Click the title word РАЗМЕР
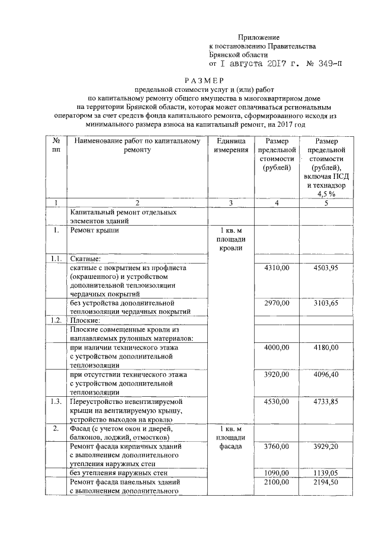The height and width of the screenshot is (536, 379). pos(204,81)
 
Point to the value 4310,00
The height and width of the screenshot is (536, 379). pos(277,268)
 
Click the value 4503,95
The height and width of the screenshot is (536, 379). pos(326,268)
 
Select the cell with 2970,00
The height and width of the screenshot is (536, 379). pos(277,303)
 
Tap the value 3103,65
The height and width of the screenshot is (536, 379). pos(326,303)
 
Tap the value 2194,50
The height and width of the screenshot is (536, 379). pos(326,483)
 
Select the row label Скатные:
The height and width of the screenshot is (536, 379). pos(85,259)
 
